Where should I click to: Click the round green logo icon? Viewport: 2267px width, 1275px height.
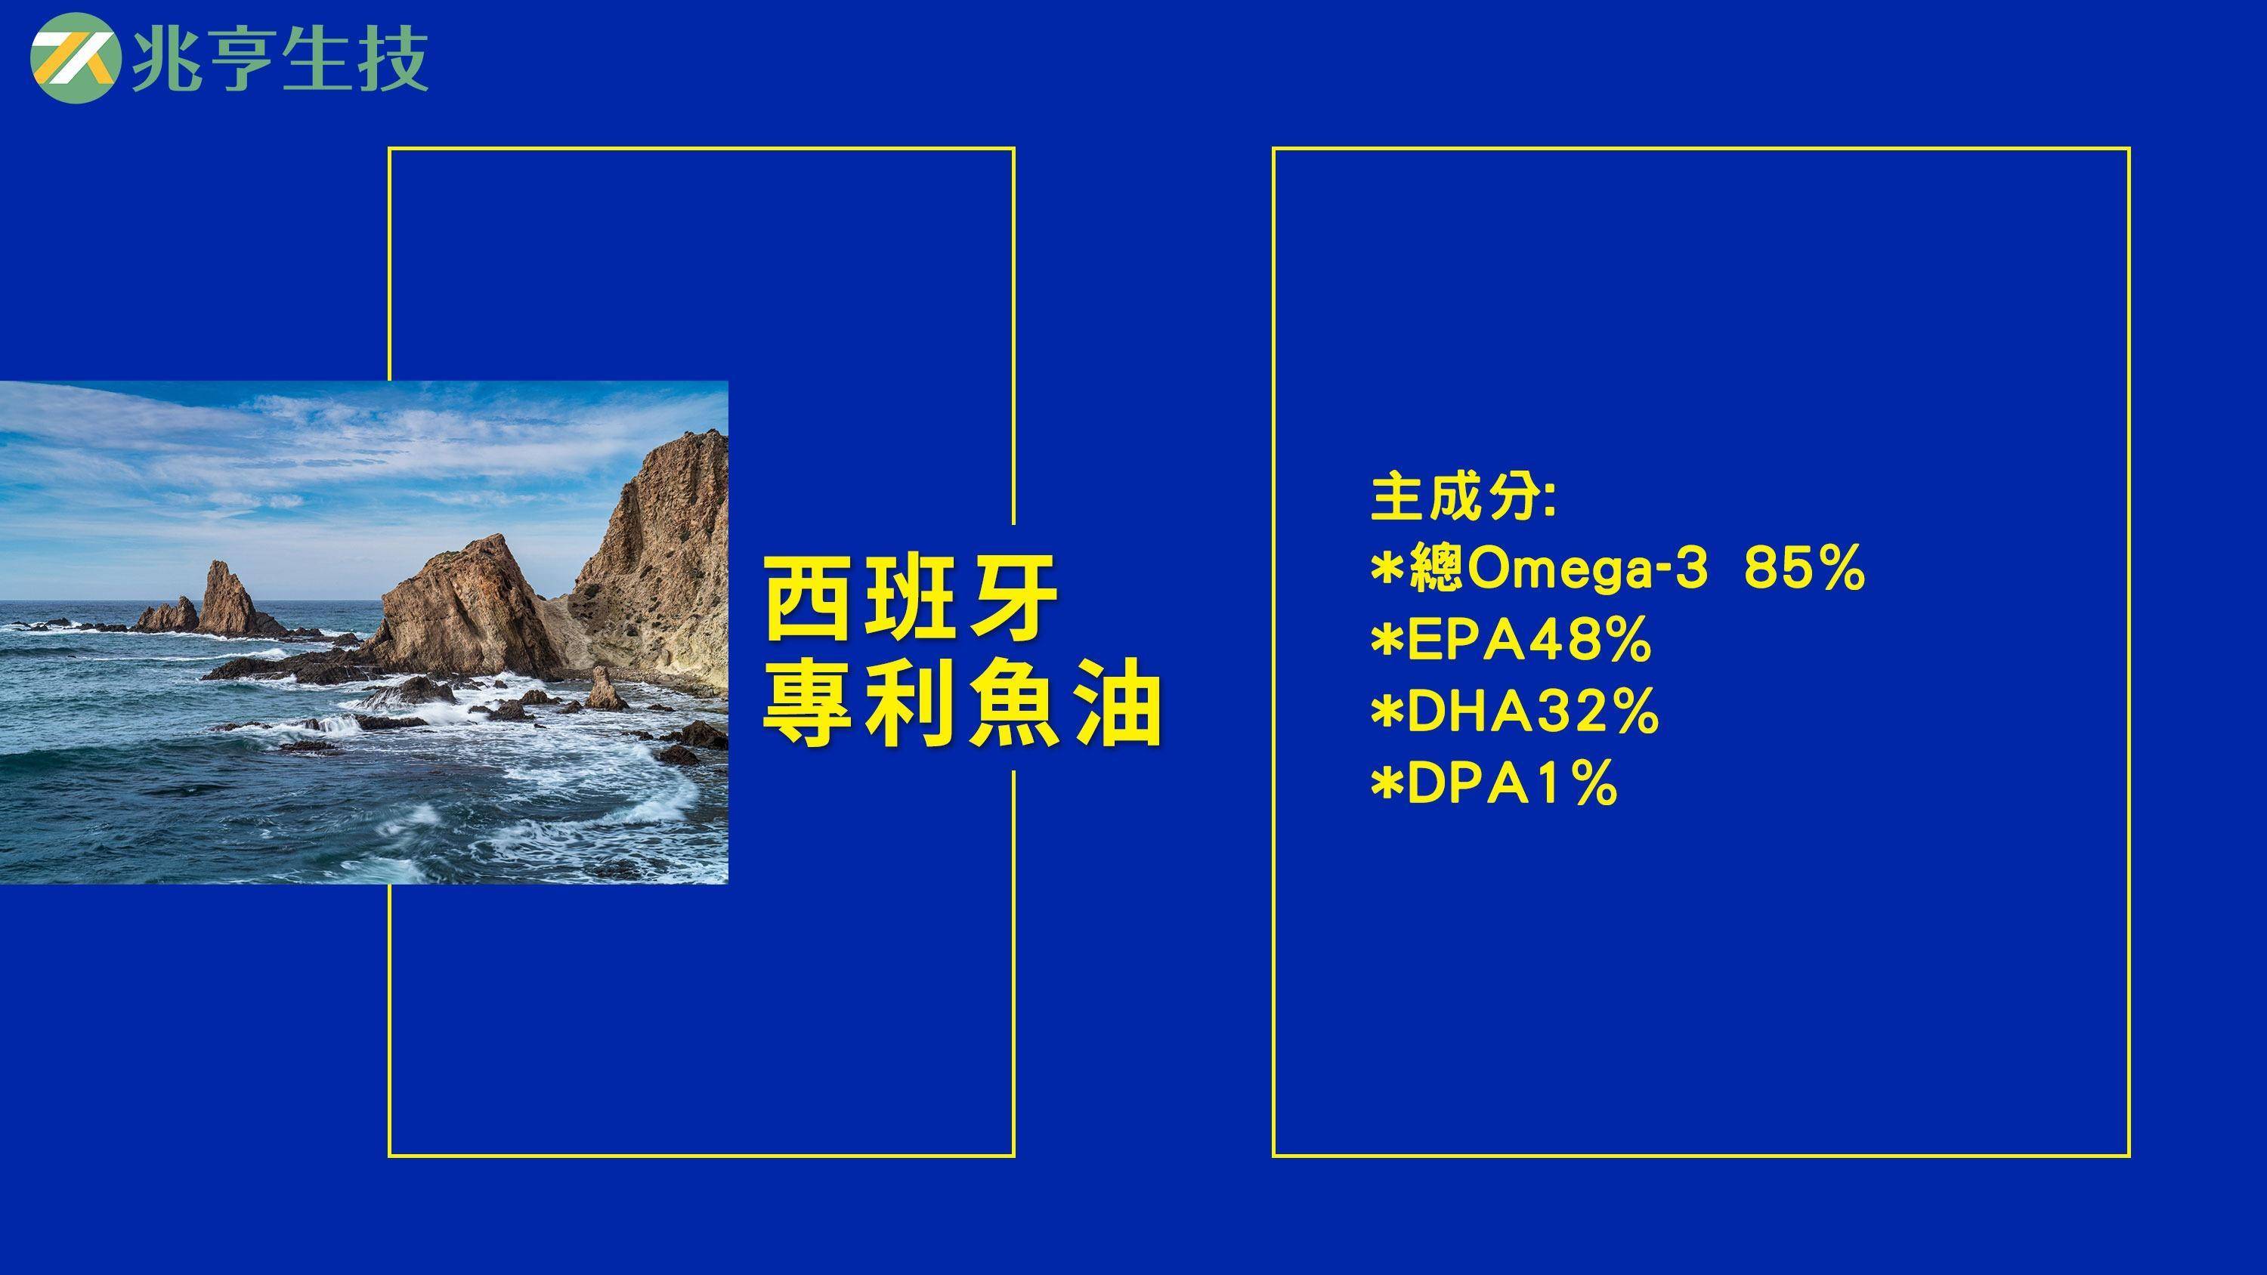click(x=74, y=59)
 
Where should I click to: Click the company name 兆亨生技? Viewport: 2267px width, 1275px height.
click(x=280, y=60)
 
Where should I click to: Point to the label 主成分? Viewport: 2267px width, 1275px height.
click(x=1464, y=498)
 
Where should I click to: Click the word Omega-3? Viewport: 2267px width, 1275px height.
click(x=1587, y=570)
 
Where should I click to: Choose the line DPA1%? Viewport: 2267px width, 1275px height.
click(x=1493, y=783)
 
